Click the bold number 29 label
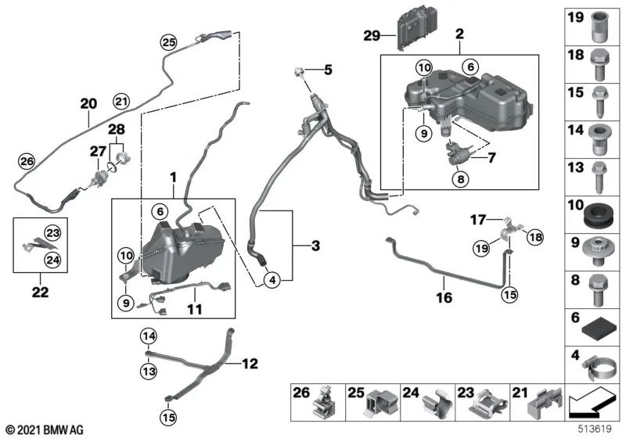tap(372, 34)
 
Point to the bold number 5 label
tap(328, 70)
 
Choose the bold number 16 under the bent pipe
tap(444, 298)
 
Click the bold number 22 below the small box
tap(40, 293)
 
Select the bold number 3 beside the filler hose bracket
tap(315, 247)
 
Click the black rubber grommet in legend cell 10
tap(597, 212)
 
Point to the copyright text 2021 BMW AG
tap(44, 429)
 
